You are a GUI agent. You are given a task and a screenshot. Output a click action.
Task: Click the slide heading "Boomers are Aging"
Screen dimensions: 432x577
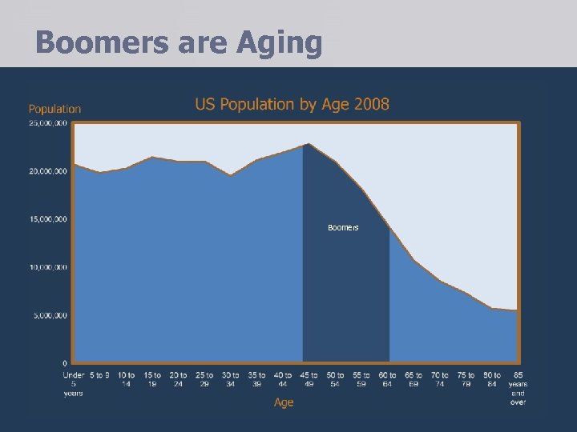(x=179, y=42)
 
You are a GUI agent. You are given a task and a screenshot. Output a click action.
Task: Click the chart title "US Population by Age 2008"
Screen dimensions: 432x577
(x=293, y=104)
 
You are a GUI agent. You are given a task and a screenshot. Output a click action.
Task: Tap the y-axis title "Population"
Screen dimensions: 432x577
(x=54, y=109)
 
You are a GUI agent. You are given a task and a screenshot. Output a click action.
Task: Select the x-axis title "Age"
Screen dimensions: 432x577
(x=284, y=402)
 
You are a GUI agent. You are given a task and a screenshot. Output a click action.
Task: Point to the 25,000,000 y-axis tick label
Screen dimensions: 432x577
(x=48, y=123)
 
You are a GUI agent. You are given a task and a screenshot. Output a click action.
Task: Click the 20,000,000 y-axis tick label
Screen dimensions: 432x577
(x=48, y=171)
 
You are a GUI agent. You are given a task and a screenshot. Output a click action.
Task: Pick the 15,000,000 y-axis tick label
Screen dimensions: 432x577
(x=48, y=219)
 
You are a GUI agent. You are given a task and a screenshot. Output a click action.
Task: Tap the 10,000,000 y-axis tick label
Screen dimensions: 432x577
(x=48, y=267)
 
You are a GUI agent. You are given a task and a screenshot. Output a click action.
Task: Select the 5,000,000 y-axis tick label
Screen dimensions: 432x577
(x=50, y=315)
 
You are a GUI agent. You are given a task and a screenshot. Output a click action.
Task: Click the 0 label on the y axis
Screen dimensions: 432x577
(x=65, y=363)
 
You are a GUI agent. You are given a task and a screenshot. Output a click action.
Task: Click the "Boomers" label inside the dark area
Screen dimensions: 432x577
(x=343, y=228)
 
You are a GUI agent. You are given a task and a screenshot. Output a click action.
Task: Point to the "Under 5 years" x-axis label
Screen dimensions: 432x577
(x=74, y=383)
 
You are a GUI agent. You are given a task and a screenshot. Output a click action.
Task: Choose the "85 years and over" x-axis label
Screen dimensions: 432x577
(x=518, y=388)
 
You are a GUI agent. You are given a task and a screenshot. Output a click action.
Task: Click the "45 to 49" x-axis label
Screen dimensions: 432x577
(x=309, y=379)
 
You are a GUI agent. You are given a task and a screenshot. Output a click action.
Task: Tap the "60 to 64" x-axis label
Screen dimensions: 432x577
(x=387, y=379)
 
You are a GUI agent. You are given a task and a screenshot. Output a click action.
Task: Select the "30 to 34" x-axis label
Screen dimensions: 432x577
(x=230, y=379)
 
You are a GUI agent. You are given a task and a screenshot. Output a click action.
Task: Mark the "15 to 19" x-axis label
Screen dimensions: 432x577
(x=152, y=379)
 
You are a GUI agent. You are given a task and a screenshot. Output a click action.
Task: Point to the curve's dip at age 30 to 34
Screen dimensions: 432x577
(x=230, y=175)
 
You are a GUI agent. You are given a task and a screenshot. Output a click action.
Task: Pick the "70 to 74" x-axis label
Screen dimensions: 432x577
(x=439, y=379)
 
